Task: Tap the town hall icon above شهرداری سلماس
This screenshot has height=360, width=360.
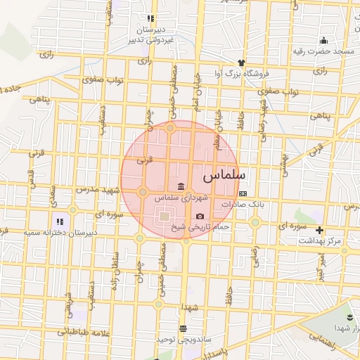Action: click(181, 186)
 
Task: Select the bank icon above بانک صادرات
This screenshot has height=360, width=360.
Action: click(243, 193)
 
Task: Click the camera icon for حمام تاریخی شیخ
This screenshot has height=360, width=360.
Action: click(200, 216)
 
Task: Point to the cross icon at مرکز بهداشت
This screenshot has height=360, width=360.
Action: click(320, 230)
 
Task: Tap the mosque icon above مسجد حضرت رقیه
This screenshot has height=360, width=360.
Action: click(323, 41)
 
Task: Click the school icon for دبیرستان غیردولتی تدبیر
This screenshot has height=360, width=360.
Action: click(150, 19)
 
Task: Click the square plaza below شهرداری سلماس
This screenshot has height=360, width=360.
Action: click(164, 217)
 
